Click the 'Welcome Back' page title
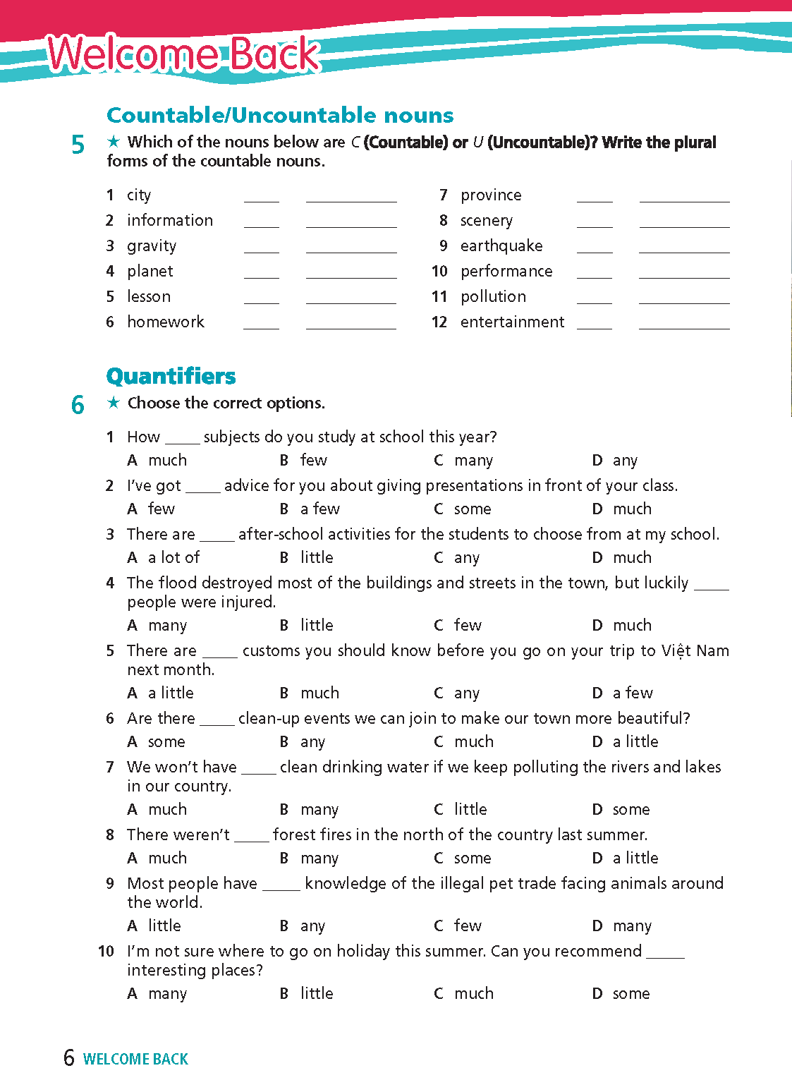pyautogui.click(x=183, y=55)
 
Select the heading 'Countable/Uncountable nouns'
pyautogui.click(x=280, y=115)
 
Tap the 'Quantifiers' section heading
pyautogui.click(x=171, y=376)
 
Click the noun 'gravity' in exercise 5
pyautogui.click(x=152, y=246)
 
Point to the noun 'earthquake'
pyautogui.click(x=501, y=246)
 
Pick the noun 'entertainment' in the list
pyautogui.click(x=512, y=322)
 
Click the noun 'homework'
pyautogui.click(x=166, y=322)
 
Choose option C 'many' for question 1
pyautogui.click(x=473, y=461)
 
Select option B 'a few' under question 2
pyautogui.click(x=319, y=509)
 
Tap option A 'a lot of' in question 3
pyautogui.click(x=173, y=558)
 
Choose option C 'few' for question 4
pyautogui.click(x=467, y=626)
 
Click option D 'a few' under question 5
pyautogui.click(x=633, y=693)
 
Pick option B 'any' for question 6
pyautogui.click(x=312, y=742)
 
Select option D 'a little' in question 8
pyautogui.click(x=635, y=859)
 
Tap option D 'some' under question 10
pyautogui.click(x=630, y=994)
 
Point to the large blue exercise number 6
pyautogui.click(x=78, y=405)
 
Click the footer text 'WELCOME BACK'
pyautogui.click(x=135, y=1060)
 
